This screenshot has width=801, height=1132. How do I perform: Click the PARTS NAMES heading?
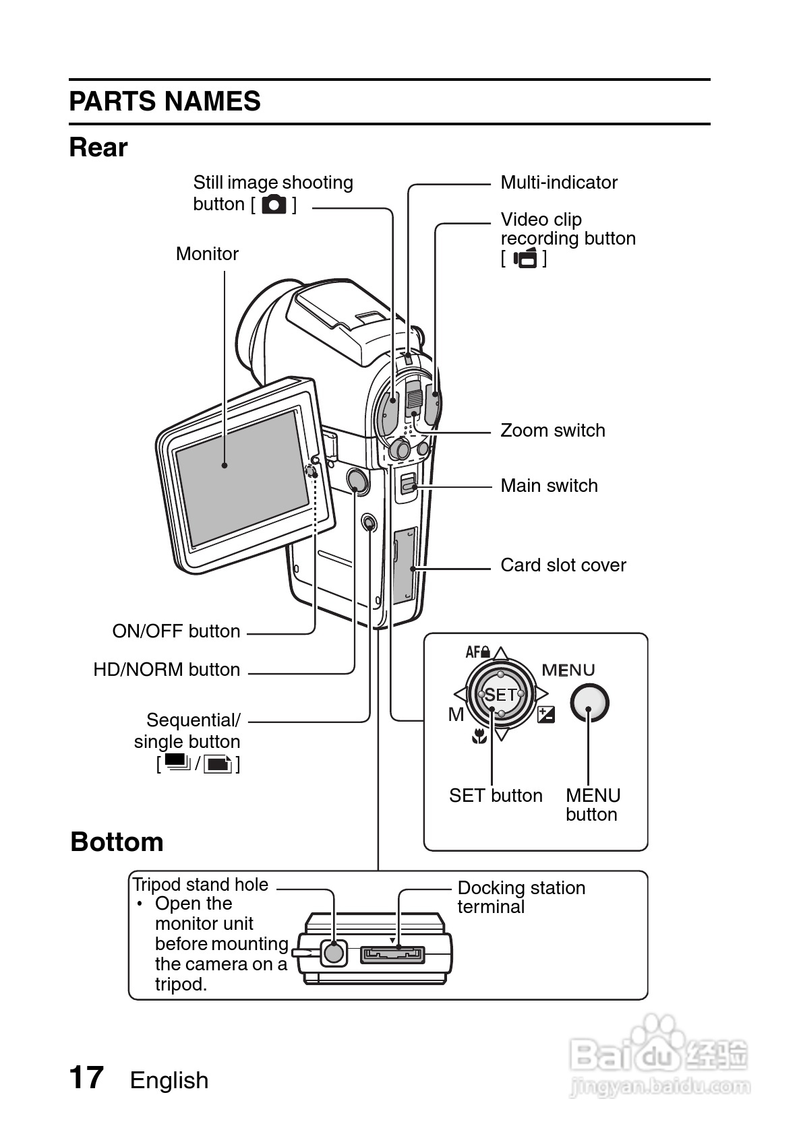pyautogui.click(x=165, y=102)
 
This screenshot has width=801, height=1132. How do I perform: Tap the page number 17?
pyautogui.click(x=86, y=1077)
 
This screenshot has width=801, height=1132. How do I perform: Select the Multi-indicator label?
pyautogui.click(x=559, y=183)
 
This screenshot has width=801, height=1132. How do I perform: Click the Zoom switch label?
pyautogui.click(x=552, y=431)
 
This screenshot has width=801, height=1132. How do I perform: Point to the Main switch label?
pyautogui.click(x=549, y=486)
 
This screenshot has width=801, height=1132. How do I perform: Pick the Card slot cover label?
pyautogui.click(x=563, y=565)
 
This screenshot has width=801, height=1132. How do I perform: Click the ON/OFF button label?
pyautogui.click(x=176, y=631)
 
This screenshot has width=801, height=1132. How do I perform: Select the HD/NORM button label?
pyautogui.click(x=167, y=670)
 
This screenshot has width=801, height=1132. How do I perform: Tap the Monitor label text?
pyautogui.click(x=207, y=254)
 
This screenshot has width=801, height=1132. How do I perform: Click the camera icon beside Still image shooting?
pyautogui.click(x=274, y=204)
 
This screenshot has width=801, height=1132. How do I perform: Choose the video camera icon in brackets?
pyautogui.click(x=525, y=258)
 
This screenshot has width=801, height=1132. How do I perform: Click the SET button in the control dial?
pyautogui.click(x=500, y=695)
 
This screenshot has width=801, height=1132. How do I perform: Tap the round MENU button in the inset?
pyautogui.click(x=589, y=703)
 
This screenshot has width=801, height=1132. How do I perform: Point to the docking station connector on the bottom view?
pyautogui.click(x=392, y=955)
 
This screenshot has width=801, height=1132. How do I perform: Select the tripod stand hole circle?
pyautogui.click(x=333, y=952)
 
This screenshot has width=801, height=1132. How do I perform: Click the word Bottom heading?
pyautogui.click(x=117, y=842)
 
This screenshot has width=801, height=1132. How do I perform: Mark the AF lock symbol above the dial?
pyautogui.click(x=477, y=652)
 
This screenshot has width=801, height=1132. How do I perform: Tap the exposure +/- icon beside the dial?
pyautogui.click(x=545, y=714)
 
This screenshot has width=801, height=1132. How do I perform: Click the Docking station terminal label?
pyautogui.click(x=521, y=897)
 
